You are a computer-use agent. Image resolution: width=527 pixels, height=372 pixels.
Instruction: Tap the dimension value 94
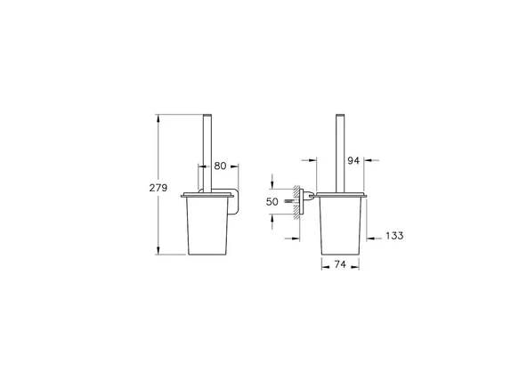pos(353,161)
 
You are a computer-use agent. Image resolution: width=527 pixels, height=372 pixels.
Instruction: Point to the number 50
pos(273,203)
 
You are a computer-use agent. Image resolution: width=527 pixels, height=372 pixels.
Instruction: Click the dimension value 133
pos(395,236)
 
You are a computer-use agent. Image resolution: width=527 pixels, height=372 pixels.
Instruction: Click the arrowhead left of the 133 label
pos(375,236)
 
